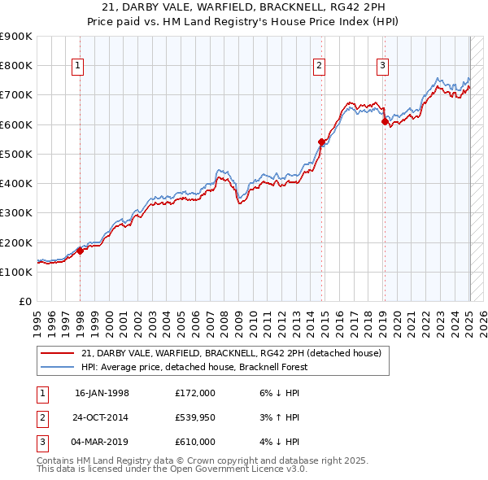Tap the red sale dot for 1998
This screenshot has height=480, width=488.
(81, 251)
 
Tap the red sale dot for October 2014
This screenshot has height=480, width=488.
(321, 142)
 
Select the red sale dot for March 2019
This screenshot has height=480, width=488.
(385, 121)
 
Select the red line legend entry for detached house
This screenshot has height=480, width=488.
(236, 353)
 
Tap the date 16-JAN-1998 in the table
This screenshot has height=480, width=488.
(102, 393)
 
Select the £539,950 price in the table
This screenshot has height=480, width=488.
(195, 417)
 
